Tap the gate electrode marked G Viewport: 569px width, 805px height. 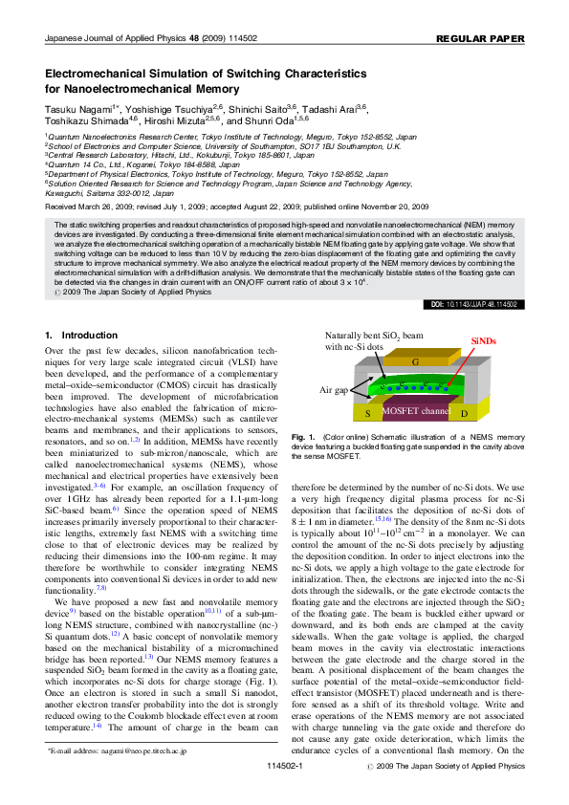tap(414, 363)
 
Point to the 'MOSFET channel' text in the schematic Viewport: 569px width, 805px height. tap(415, 411)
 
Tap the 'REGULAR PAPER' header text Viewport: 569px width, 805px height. tap(480, 39)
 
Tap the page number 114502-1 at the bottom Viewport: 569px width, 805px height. tap(284, 794)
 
